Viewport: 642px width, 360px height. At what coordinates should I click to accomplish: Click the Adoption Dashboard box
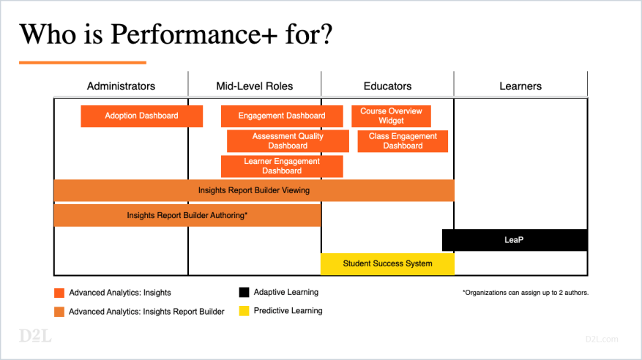(141, 116)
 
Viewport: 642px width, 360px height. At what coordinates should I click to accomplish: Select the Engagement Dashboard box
(282, 116)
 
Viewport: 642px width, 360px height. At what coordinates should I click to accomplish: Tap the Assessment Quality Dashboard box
(288, 141)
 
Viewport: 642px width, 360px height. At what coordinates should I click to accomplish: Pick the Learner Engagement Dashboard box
(282, 166)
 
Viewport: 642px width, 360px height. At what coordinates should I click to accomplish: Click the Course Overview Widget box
(391, 116)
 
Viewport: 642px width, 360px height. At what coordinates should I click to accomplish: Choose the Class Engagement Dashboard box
(403, 141)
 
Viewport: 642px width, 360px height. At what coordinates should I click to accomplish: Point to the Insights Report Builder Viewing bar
(254, 190)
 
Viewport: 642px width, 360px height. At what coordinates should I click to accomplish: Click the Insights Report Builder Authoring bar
(187, 215)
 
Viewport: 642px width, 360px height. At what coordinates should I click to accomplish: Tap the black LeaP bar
(515, 240)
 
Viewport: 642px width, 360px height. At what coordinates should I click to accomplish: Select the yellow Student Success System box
(387, 263)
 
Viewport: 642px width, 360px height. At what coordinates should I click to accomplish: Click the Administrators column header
(121, 86)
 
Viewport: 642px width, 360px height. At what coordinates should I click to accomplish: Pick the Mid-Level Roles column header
(254, 86)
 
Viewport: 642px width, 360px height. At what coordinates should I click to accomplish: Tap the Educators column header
(387, 86)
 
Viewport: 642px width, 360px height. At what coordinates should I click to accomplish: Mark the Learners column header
(520, 86)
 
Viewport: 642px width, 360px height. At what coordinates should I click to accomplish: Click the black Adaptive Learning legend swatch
(244, 293)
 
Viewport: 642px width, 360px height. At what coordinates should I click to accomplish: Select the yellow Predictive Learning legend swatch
(244, 311)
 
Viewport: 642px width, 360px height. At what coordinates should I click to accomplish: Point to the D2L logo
(35, 337)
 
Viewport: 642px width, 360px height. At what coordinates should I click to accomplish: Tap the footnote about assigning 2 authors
(525, 293)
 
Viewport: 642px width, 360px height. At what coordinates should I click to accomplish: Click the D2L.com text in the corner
(602, 339)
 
